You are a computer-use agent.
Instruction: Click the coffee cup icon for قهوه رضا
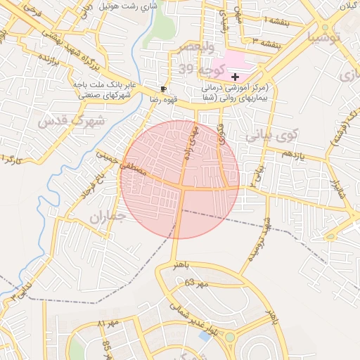(164, 89)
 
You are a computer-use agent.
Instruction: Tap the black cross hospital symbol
(235, 76)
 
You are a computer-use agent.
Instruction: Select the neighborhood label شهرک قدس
(71, 120)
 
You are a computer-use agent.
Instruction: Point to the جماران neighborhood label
(106, 218)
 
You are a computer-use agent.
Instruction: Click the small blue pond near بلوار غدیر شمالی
(205, 335)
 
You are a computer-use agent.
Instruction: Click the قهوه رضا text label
(143, 100)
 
